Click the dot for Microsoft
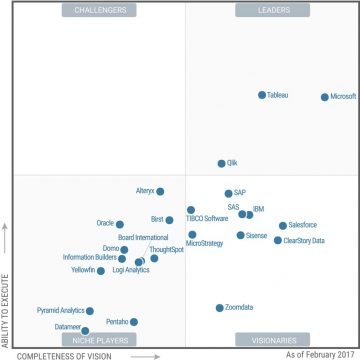[324, 97]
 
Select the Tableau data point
[262, 95]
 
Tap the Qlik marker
[222, 163]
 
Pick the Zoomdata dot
[220, 308]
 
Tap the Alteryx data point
[160, 191]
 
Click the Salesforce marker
[283, 226]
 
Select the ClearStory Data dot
[278, 240]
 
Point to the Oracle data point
[120, 224]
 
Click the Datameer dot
[86, 329]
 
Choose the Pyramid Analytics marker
[89, 311]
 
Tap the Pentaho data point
[134, 322]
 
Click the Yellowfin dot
[101, 271]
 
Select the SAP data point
[228, 194]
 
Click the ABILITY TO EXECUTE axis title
[7, 290]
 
